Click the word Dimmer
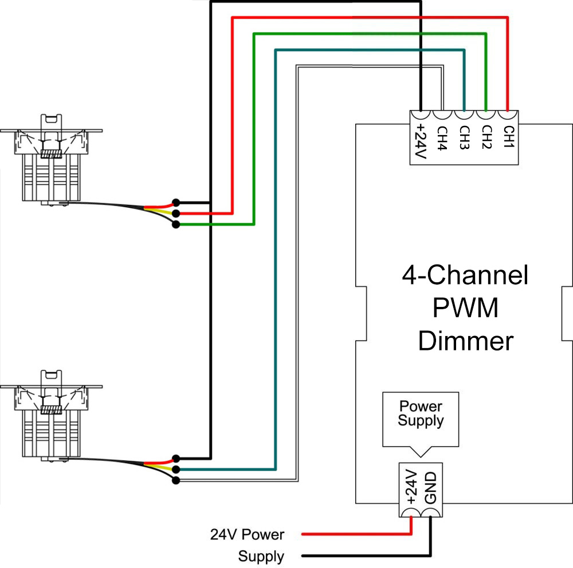(x=465, y=341)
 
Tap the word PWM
(x=465, y=309)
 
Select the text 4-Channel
(x=465, y=277)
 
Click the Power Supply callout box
(x=421, y=415)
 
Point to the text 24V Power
(x=247, y=535)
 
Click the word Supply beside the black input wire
(x=261, y=556)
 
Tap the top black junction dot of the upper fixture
(x=176, y=202)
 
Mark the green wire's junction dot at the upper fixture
(x=176, y=225)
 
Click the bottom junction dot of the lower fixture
(x=176, y=480)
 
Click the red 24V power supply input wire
(x=355, y=534)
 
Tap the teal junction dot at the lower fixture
(x=176, y=470)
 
